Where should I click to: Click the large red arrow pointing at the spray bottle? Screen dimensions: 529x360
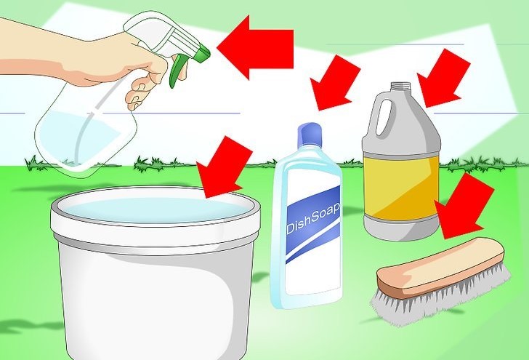pyautogui.click(x=255, y=47)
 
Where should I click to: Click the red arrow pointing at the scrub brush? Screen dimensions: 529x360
pyautogui.click(x=464, y=206)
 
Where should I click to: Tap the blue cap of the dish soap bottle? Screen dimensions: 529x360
pyautogui.click(x=310, y=135)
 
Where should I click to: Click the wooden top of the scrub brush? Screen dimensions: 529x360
pyautogui.click(x=440, y=267)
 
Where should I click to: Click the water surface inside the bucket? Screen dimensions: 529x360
pyautogui.click(x=156, y=209)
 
